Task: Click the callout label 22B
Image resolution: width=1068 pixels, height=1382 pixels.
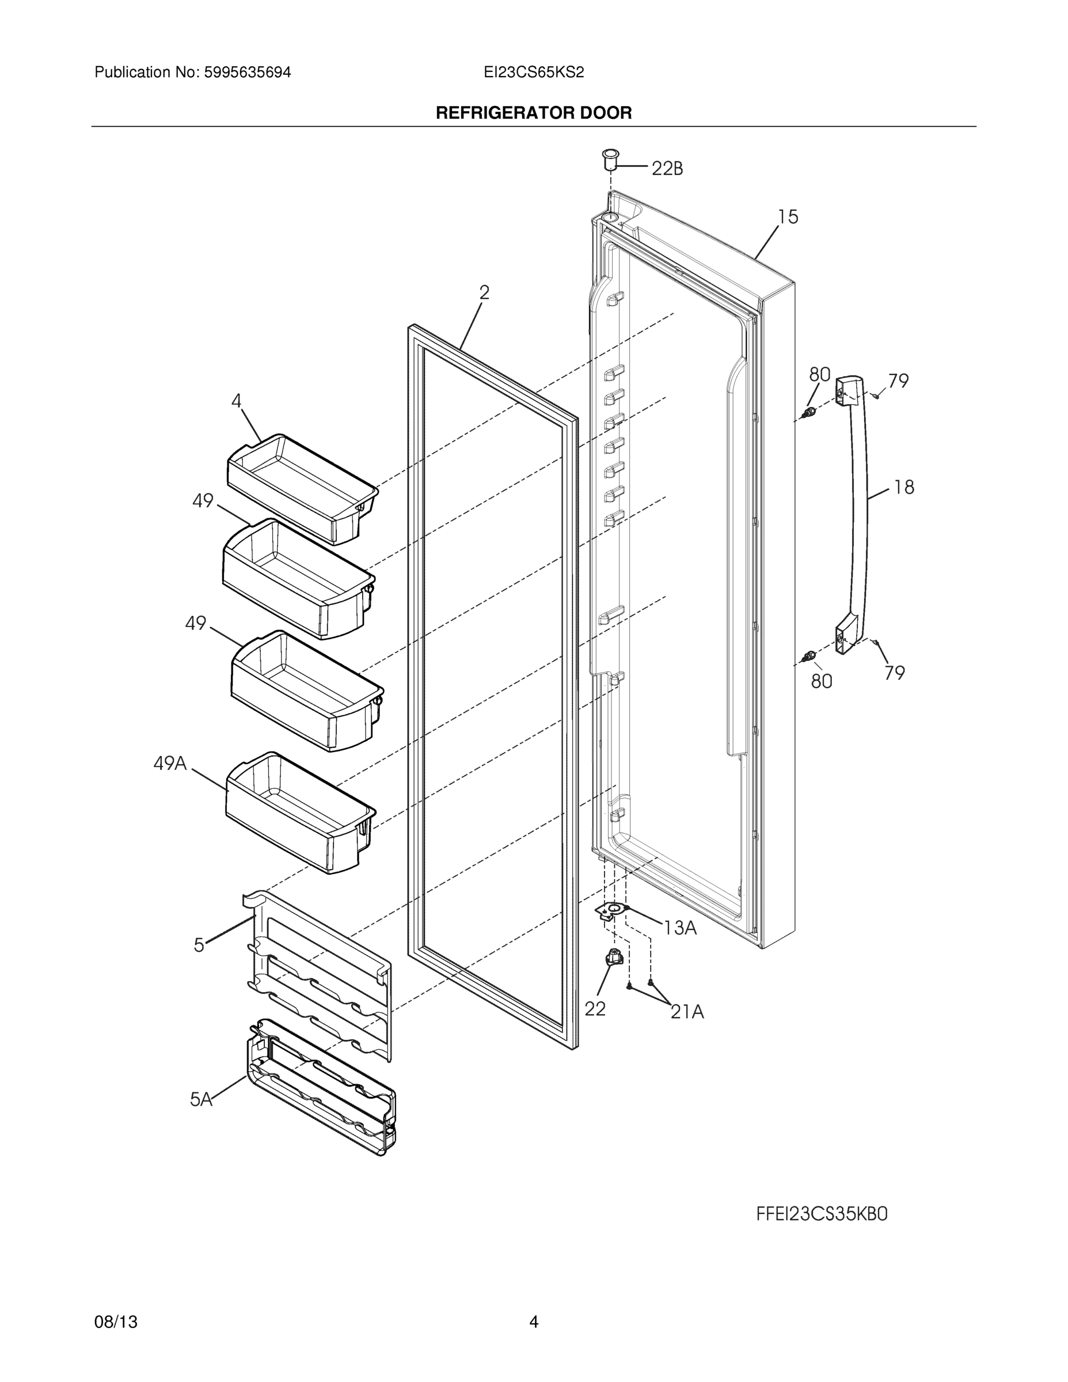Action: pos(667,168)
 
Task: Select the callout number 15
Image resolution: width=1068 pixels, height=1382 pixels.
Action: pos(788,217)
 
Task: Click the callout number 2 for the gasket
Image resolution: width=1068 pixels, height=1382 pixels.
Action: pos(484,293)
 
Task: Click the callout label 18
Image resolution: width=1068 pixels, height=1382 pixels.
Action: pos(904,487)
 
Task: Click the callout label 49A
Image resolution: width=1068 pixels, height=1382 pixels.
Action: pos(170,764)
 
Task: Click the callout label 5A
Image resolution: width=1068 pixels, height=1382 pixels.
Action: pos(201,1100)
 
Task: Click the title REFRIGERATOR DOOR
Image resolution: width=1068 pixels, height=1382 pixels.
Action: pos(533,113)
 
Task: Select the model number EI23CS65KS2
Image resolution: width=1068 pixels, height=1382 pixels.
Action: pos(533,73)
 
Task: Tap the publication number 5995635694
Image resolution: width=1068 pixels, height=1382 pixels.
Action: pos(247,73)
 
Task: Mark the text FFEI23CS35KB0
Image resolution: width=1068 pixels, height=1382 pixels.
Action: pos(822,1214)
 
